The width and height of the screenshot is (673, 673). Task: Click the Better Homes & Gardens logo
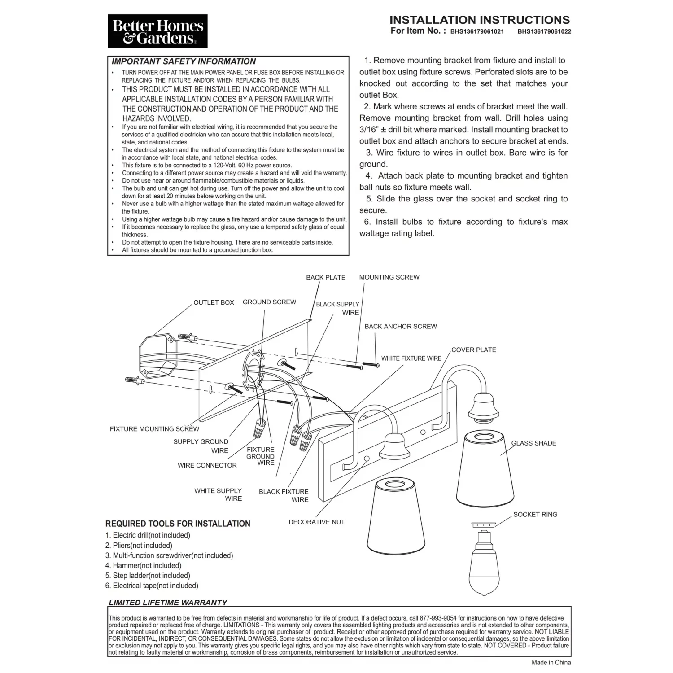click(157, 31)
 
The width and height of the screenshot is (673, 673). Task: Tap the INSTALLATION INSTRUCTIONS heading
click(479, 20)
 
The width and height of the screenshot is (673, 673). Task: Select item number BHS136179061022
click(544, 32)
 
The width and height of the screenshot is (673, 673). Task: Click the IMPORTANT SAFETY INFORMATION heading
click(184, 61)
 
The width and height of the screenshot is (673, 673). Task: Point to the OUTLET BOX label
click(214, 302)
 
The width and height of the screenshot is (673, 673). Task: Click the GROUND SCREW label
click(269, 302)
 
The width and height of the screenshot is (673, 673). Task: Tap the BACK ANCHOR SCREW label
click(400, 327)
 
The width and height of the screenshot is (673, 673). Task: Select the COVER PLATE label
click(473, 350)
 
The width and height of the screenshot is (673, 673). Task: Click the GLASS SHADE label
click(533, 443)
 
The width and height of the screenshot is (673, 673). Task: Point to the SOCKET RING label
click(535, 515)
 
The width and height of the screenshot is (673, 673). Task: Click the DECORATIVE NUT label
click(316, 522)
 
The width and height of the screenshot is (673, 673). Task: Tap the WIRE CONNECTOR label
click(207, 466)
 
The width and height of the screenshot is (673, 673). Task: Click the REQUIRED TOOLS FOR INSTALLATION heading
click(178, 524)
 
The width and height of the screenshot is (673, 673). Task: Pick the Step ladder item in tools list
click(148, 576)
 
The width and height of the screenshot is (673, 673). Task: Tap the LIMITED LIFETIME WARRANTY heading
click(168, 603)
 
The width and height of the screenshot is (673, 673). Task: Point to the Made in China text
click(551, 662)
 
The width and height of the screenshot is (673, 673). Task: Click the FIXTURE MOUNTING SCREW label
click(154, 429)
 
